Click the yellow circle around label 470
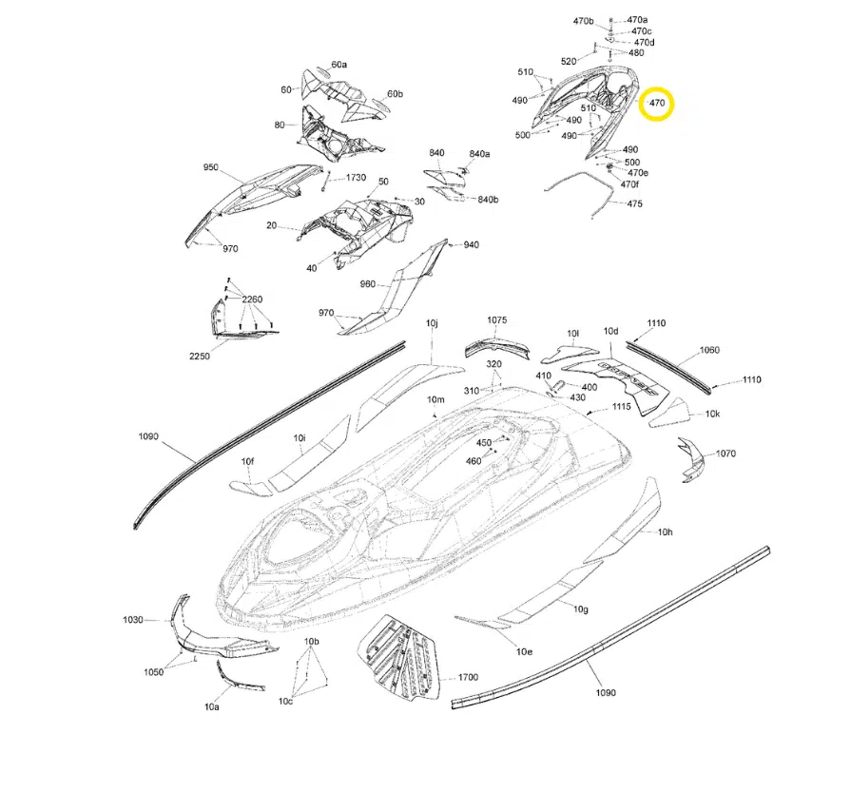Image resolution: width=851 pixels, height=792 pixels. (x=656, y=103)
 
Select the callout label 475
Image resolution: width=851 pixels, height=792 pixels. (x=635, y=204)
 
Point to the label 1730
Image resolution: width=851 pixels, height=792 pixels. (x=356, y=178)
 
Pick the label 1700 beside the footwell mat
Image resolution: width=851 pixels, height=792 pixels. (x=468, y=677)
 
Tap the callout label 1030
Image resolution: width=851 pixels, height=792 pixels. (x=132, y=620)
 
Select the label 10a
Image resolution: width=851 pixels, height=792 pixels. (x=211, y=707)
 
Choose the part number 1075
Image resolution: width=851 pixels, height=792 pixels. (x=497, y=320)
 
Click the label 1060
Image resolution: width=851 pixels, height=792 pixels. (x=710, y=351)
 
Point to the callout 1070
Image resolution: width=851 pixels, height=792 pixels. (x=726, y=454)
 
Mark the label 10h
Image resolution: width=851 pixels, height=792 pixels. (x=666, y=531)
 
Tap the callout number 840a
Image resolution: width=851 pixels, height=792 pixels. (x=479, y=154)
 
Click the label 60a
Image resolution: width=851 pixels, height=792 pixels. (x=339, y=65)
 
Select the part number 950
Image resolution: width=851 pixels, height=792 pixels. (x=211, y=167)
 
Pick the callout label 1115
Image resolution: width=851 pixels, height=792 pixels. (x=621, y=406)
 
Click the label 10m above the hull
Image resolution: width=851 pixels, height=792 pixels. (x=436, y=398)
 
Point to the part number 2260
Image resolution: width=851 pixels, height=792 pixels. (x=252, y=299)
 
